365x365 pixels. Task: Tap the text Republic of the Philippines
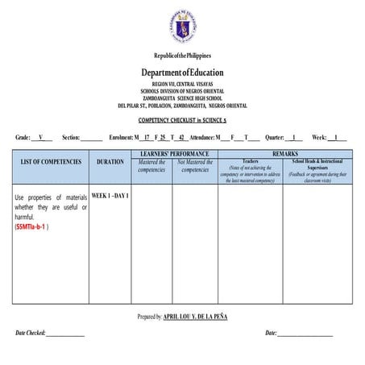(x=183, y=56)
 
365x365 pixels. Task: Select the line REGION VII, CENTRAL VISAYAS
(x=183, y=84)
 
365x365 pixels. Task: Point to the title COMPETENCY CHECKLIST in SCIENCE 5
(x=183, y=118)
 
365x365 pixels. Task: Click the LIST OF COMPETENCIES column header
(x=51, y=162)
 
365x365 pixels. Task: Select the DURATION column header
(x=110, y=162)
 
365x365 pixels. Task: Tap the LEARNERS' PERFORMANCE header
(x=174, y=153)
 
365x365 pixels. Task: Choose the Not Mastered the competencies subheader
(x=195, y=165)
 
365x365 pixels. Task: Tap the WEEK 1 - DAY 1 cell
(x=110, y=196)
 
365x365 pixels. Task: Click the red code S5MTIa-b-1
(x=33, y=226)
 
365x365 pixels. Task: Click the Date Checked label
(x=31, y=333)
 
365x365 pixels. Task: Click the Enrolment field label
(x=120, y=139)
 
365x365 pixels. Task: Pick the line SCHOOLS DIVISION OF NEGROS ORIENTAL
(x=183, y=90)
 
